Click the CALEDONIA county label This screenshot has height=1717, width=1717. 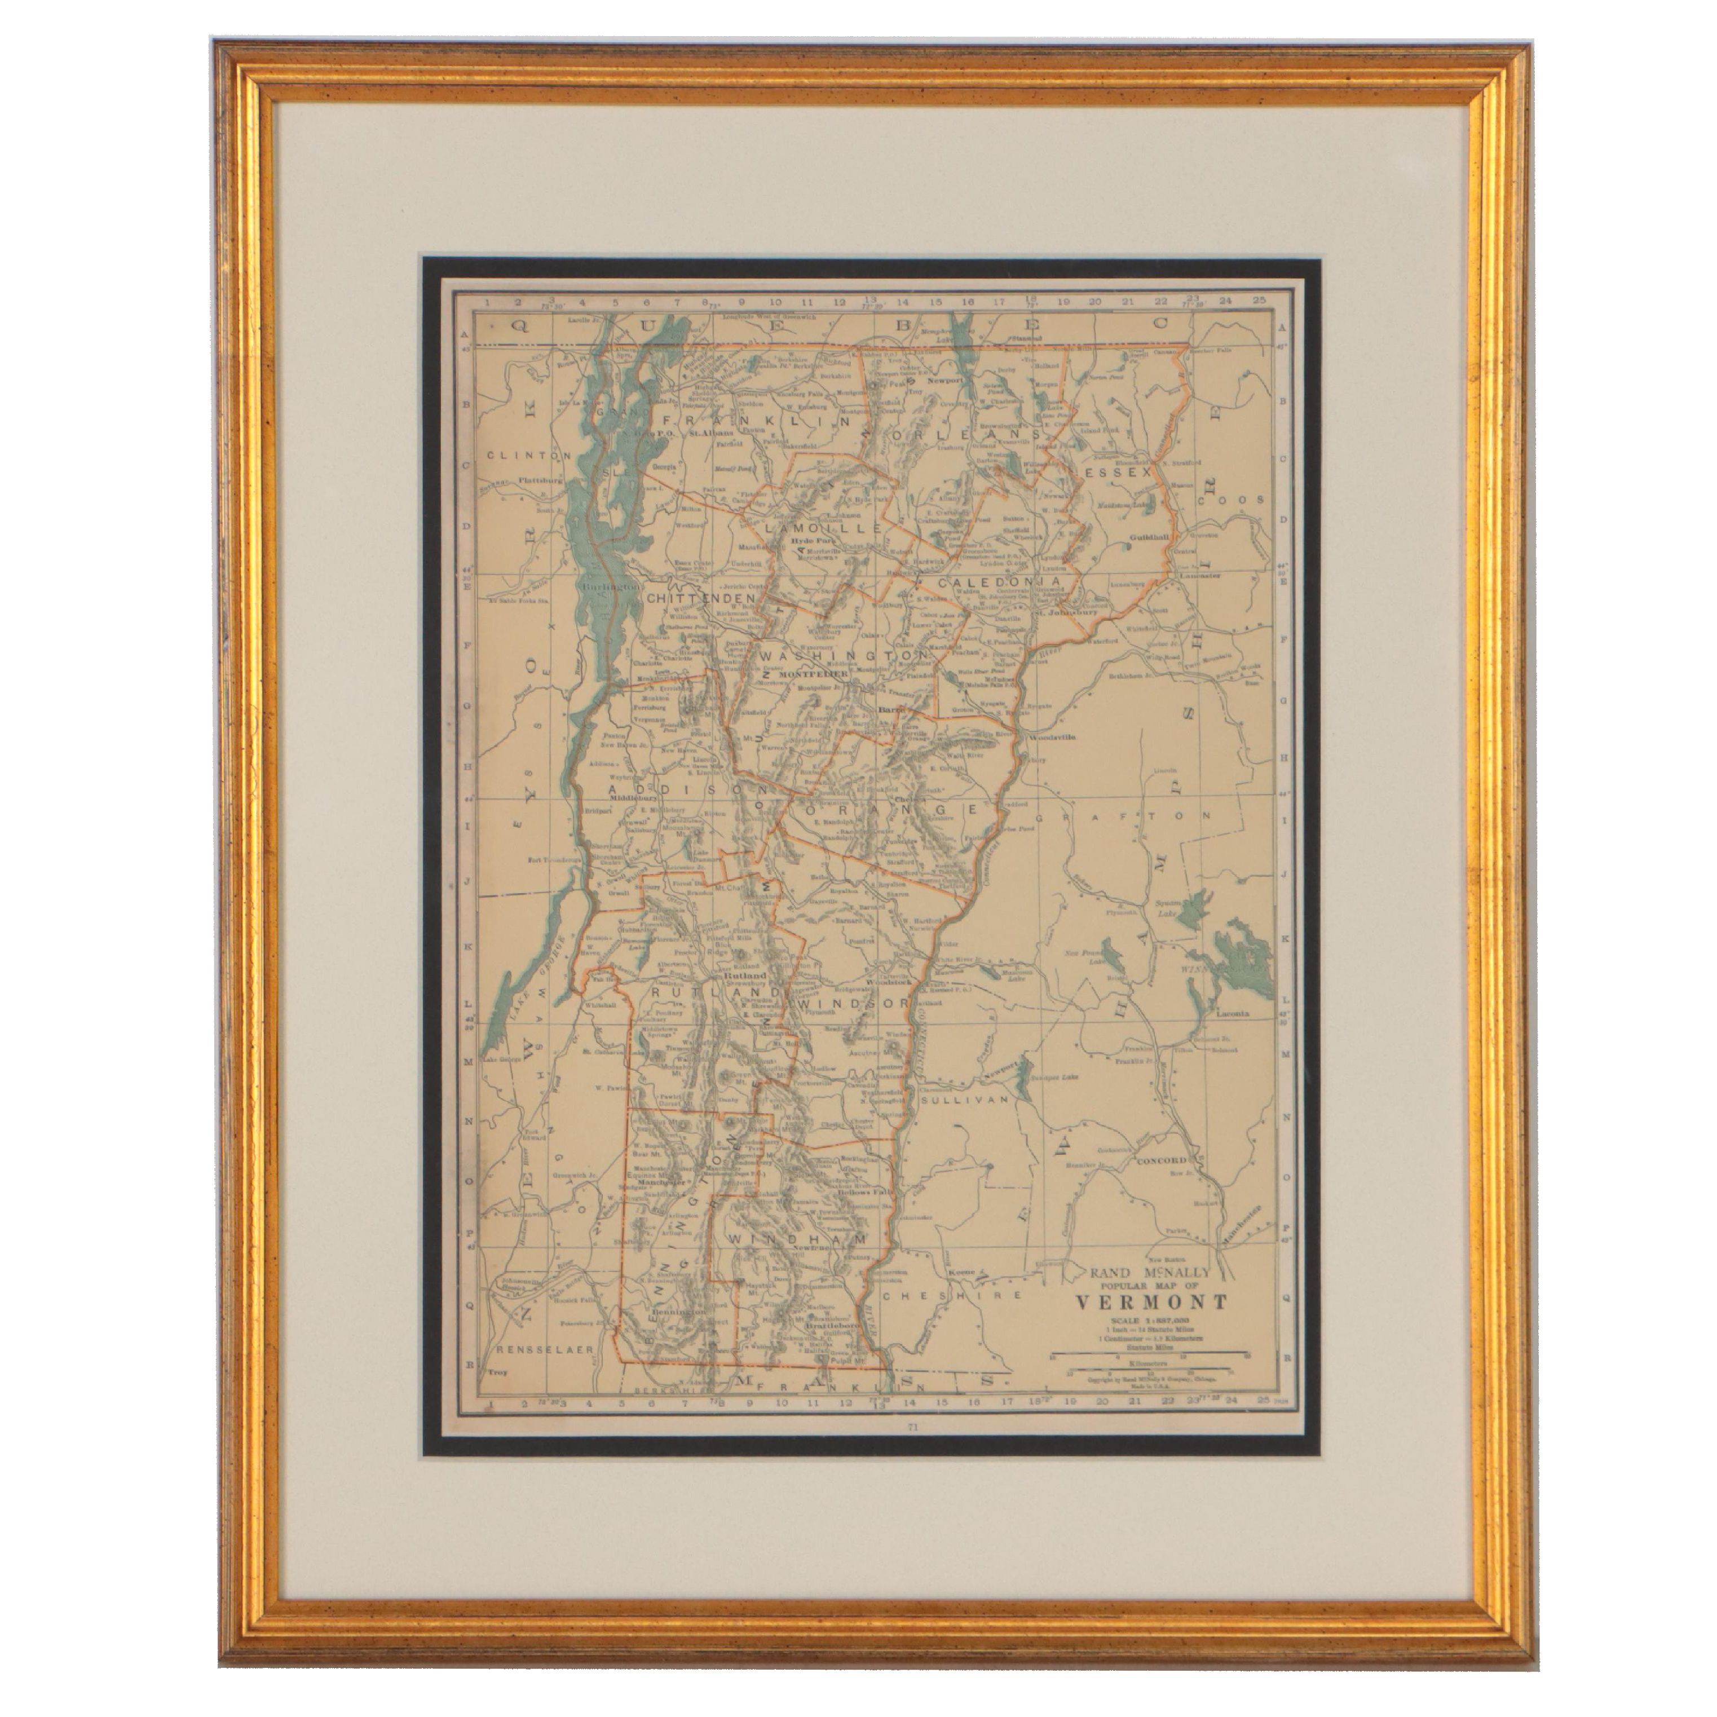1000,582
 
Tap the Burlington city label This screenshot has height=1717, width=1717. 611,588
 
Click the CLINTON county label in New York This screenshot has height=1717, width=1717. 529,455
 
